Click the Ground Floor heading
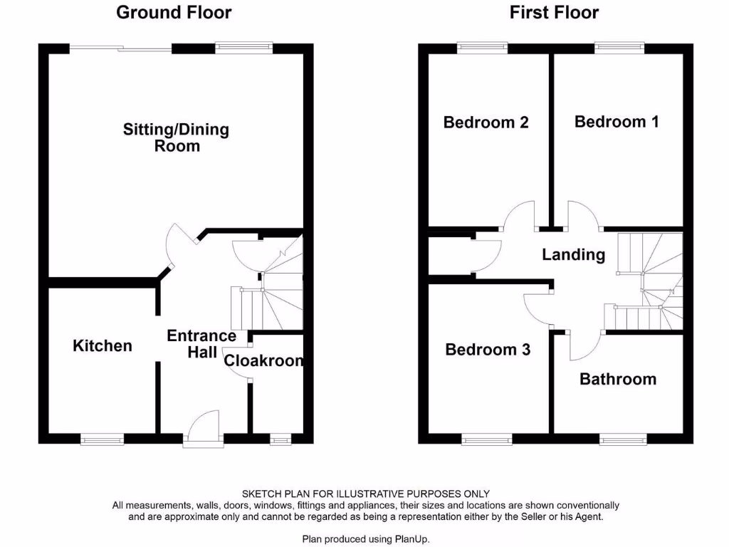tap(174, 12)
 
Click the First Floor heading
tap(554, 12)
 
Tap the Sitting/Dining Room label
tap(177, 137)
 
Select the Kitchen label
tap(103, 345)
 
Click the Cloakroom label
tap(264, 360)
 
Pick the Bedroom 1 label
tap(617, 122)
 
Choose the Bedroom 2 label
tap(486, 123)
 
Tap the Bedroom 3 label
tap(488, 350)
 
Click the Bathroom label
tap(618, 379)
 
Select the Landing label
tap(574, 254)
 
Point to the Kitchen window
tap(103, 439)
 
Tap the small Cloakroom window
tap(280, 439)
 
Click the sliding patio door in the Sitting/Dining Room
tap(121, 48)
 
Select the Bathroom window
tap(624, 439)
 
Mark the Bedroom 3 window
tap(486, 439)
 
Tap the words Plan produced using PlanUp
tap(366, 539)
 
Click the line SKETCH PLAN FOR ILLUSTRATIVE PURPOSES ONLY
tap(366, 494)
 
